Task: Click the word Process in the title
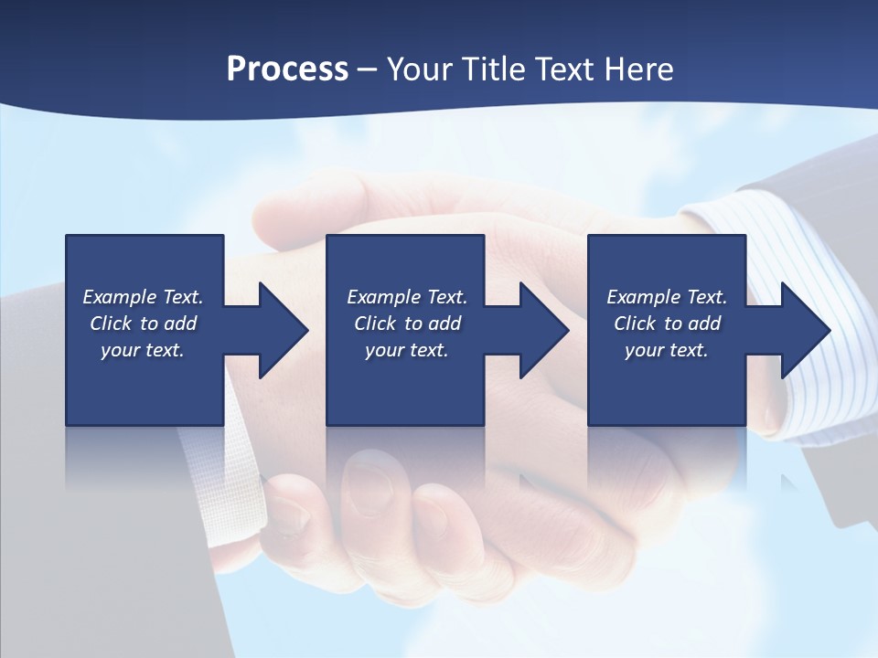pos(287,69)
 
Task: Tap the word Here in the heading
pos(637,69)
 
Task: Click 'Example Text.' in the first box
pos(143,297)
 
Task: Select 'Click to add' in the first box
pos(143,324)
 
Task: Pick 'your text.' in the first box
pos(143,350)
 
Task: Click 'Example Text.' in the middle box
pos(407,297)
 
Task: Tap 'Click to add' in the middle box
pos(407,324)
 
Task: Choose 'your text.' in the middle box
pos(407,350)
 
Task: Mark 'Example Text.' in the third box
pos(667,297)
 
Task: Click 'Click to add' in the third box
pos(667,324)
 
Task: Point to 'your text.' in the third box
pos(667,350)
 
